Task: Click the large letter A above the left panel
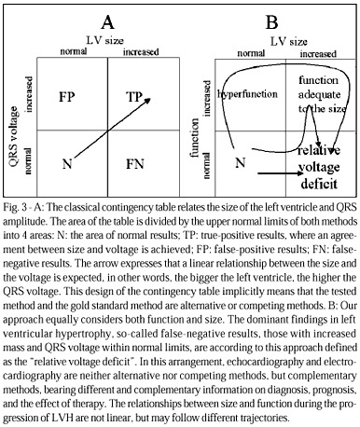point(107,22)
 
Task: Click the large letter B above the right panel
point(271,22)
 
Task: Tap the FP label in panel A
point(67,97)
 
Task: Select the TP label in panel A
point(134,97)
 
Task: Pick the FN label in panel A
point(135,164)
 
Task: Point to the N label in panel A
point(67,163)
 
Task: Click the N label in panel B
point(241,162)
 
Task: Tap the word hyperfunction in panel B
point(247,94)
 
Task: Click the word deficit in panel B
point(319,184)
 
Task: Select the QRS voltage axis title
point(14,137)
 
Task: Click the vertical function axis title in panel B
point(195,138)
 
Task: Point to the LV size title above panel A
point(104,40)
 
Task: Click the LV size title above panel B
point(289,41)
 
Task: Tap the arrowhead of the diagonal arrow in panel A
point(148,100)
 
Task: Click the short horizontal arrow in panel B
point(280,173)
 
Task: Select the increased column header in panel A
point(141,51)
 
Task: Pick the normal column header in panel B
point(251,53)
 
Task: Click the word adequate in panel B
point(319,94)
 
